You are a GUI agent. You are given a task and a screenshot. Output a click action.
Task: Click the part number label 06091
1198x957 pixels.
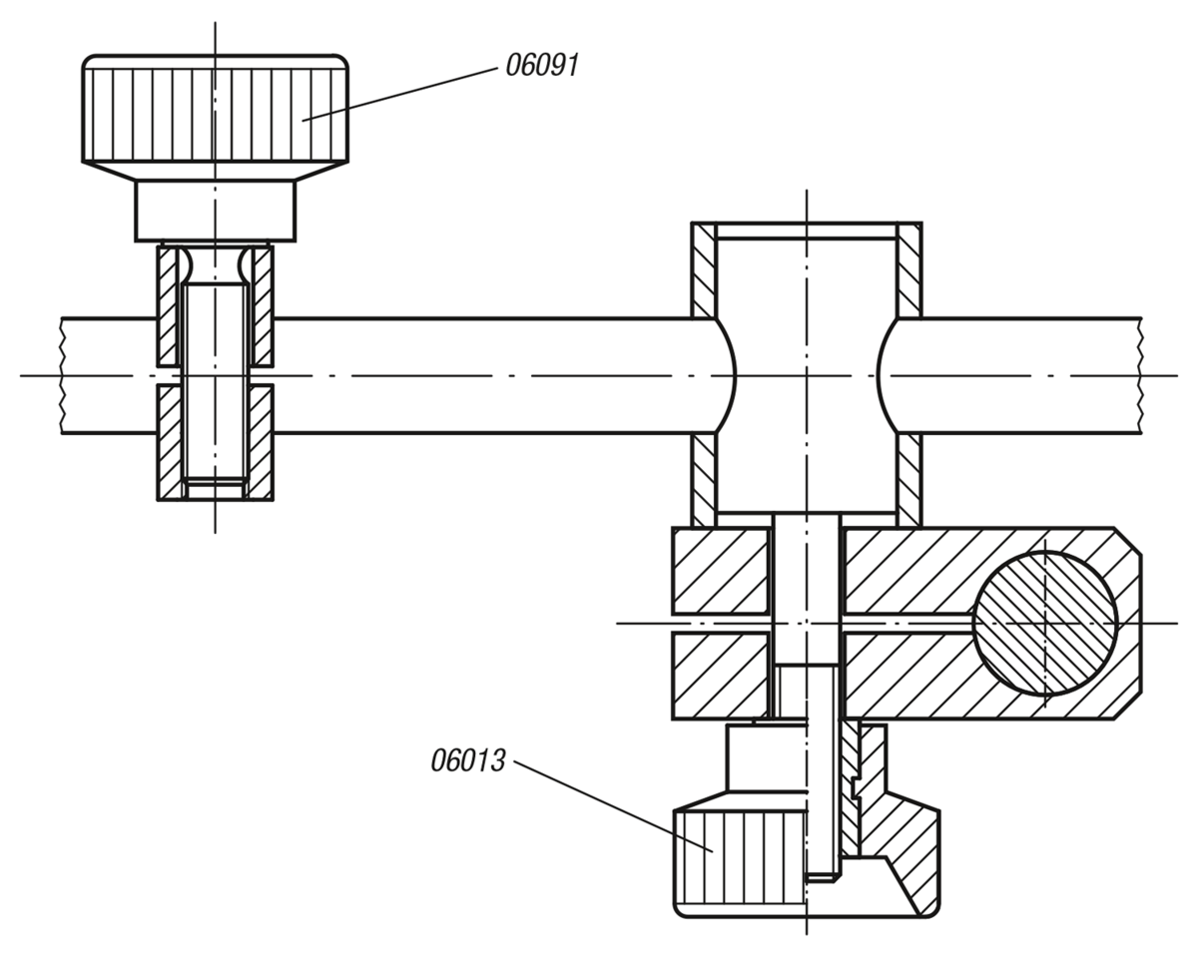pos(542,67)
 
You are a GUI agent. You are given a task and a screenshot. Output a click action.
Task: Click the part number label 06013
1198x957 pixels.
pos(467,761)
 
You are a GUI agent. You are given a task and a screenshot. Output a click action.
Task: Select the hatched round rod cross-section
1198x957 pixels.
pos(1044,623)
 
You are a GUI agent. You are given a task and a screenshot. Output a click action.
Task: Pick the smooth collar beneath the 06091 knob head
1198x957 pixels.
pos(216,211)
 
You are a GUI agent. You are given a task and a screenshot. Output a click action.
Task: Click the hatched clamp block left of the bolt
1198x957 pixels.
pos(720,623)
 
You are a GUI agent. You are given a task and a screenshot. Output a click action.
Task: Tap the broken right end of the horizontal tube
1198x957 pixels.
pos(1140,375)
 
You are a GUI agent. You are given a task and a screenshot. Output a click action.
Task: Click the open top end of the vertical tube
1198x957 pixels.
pos(807,231)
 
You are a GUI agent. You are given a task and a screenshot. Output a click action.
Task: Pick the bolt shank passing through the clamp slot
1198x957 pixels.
pos(807,599)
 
